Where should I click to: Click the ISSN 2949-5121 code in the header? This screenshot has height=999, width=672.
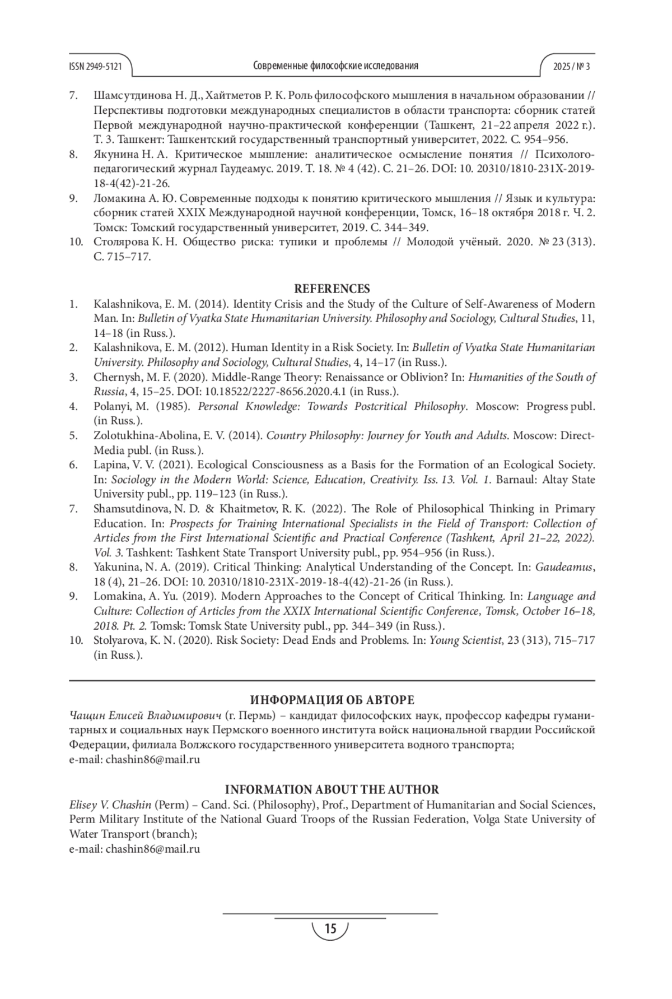(x=95, y=67)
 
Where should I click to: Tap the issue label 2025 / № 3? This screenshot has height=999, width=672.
(x=571, y=67)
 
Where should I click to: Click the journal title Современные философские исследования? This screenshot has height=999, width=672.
(x=335, y=66)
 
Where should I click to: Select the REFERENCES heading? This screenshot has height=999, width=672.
(x=332, y=289)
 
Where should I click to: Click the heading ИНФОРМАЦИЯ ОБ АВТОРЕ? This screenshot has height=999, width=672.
(x=332, y=700)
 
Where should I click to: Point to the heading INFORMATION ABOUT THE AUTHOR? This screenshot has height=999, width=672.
(x=332, y=789)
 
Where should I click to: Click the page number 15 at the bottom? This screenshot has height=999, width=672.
(x=330, y=930)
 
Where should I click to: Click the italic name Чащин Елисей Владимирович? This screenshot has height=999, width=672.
(x=144, y=715)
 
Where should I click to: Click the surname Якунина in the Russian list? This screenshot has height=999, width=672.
(x=115, y=155)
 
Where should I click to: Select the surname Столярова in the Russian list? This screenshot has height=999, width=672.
(x=119, y=242)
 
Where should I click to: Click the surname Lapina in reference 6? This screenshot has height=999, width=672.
(x=108, y=465)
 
